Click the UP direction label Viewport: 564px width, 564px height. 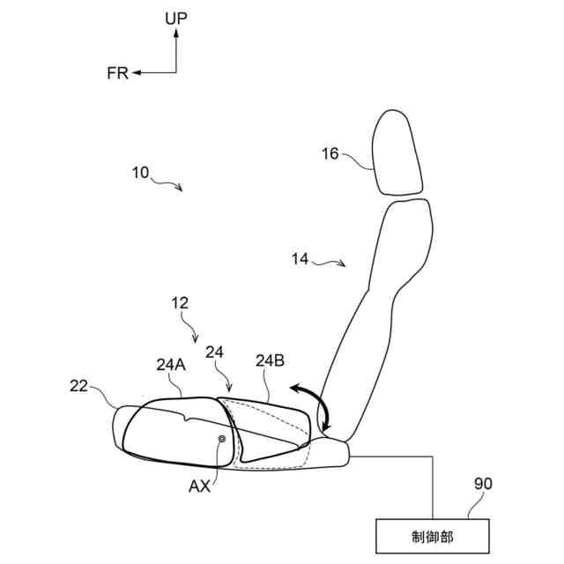pos(176,17)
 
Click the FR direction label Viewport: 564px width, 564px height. pos(117,73)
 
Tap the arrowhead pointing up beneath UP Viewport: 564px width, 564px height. pos(176,32)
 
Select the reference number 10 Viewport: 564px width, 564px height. pos(141,173)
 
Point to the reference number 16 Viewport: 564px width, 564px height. pos(330,153)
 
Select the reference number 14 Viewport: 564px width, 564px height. pos(301,258)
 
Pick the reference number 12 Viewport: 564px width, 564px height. pos(180,302)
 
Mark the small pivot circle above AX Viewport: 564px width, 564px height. pos(221,438)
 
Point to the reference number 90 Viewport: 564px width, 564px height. pos(482,484)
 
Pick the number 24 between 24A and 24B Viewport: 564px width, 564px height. pos(215,352)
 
